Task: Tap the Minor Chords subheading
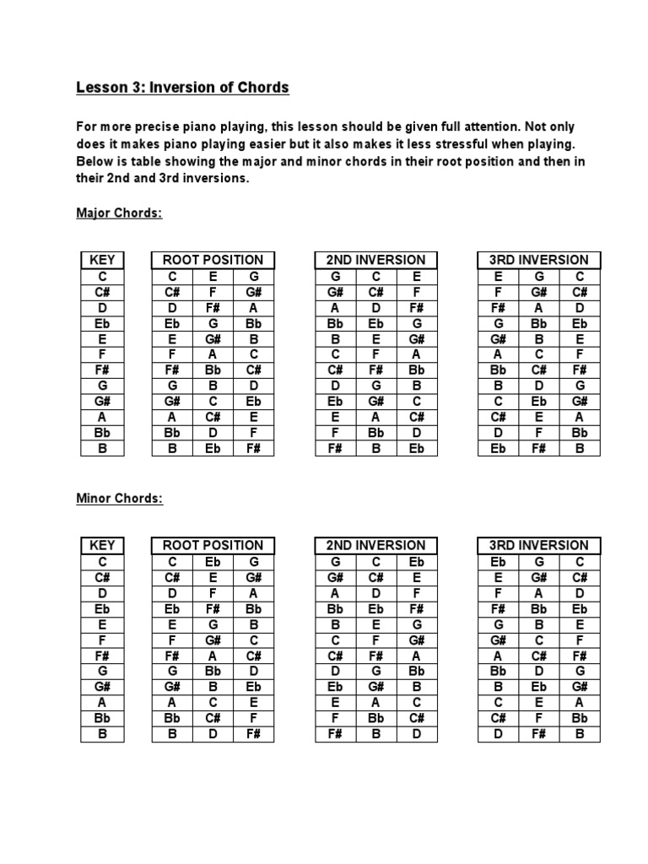(x=119, y=499)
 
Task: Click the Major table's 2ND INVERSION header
(x=375, y=260)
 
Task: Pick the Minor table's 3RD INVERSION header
(x=538, y=545)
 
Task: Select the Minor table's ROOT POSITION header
(x=213, y=545)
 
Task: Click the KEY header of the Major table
(x=102, y=260)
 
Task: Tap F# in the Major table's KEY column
(x=102, y=370)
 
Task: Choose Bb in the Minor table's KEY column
(x=102, y=718)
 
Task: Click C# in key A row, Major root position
(x=213, y=417)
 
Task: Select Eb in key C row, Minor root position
(x=213, y=562)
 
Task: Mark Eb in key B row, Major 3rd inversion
(x=498, y=448)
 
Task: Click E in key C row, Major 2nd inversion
(x=416, y=277)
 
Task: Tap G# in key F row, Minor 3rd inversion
(x=498, y=640)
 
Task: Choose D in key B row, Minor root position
(x=213, y=734)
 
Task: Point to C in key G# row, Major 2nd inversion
(x=416, y=401)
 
